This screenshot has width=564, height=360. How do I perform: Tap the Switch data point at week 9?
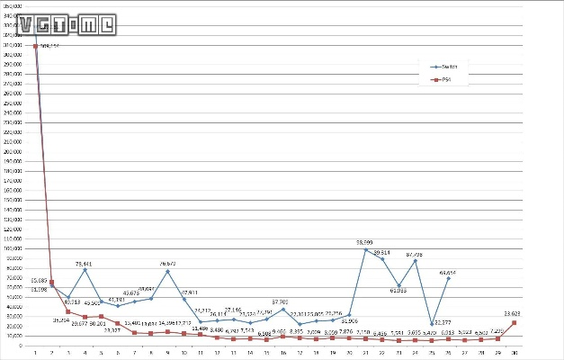167,271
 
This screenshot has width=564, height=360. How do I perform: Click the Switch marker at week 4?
85,270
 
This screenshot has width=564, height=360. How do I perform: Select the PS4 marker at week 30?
514,322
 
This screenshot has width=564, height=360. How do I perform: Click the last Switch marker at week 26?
448,279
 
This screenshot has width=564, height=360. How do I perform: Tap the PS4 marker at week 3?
68,311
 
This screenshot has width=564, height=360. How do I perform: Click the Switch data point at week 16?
283,309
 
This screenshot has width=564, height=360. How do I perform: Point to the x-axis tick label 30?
514,352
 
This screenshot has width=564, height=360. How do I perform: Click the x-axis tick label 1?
35,352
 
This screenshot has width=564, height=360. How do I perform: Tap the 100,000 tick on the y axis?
15,248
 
